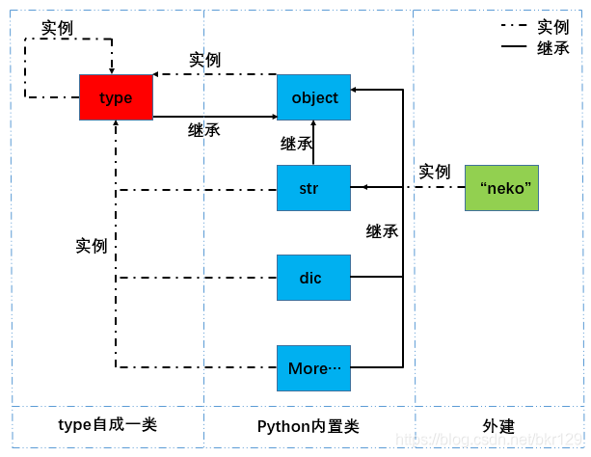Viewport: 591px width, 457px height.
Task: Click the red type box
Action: coord(116,97)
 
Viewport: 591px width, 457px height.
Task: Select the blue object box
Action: coord(314,97)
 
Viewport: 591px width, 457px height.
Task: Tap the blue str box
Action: coord(313,188)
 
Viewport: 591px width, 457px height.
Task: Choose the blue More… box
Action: coord(313,368)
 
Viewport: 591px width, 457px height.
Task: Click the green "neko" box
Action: coord(501,188)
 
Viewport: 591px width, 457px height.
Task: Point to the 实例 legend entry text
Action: coord(553,27)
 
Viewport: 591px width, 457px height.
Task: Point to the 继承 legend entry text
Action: coord(553,47)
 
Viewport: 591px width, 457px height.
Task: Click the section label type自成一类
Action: coord(107,425)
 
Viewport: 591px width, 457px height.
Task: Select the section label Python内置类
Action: coord(309,426)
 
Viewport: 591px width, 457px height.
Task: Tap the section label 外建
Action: coord(498,426)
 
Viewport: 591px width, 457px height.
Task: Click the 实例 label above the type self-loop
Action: coord(57,27)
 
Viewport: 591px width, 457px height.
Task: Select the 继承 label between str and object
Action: coord(296,144)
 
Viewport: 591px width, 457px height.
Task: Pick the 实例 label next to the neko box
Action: coord(434,172)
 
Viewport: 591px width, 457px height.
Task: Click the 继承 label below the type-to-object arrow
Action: coord(203,129)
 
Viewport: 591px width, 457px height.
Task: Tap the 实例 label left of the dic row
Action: coord(92,246)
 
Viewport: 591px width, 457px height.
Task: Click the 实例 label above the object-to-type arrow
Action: coord(204,60)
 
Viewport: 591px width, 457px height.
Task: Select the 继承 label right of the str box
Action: coord(383,231)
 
